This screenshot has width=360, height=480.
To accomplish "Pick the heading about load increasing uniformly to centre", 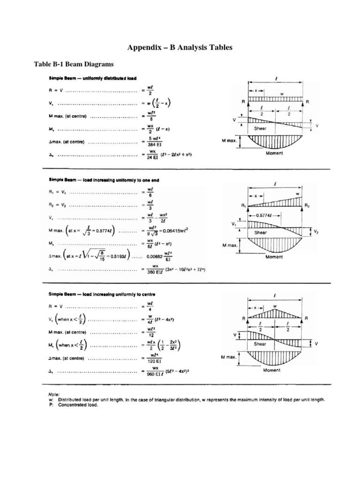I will click(102, 294).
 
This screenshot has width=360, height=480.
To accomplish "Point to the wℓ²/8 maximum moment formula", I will click(151, 116).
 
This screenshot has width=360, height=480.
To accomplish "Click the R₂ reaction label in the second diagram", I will click(307, 205).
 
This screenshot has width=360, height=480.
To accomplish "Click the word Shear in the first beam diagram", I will click(260, 127).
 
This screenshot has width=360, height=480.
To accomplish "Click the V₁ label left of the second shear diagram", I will click(234, 225).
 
